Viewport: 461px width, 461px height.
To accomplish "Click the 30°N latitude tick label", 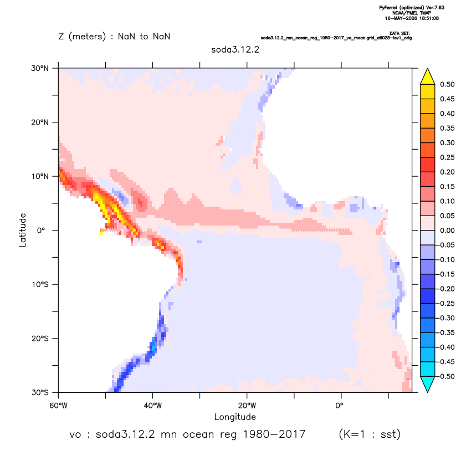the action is click(x=40, y=68).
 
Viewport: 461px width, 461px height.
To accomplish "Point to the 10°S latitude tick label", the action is click(x=40, y=285).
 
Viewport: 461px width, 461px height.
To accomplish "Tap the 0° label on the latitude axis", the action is click(x=41, y=230).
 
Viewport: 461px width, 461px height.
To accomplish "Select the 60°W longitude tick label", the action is click(x=59, y=406).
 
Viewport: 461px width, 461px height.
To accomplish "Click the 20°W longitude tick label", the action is click(x=247, y=406).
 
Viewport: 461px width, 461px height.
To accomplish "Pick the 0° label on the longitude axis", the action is click(x=340, y=406).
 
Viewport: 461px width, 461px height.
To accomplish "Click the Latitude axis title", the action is click(x=23, y=230).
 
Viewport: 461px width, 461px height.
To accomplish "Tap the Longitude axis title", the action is click(x=235, y=417).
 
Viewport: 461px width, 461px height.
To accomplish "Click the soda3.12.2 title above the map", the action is click(x=235, y=49).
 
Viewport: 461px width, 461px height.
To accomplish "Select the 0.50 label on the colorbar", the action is click(x=447, y=84).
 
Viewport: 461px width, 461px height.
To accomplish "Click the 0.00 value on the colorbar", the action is click(x=447, y=230).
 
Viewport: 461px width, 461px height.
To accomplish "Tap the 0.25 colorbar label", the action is click(x=447, y=157).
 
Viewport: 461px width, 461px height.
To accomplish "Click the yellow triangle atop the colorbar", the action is click(x=428, y=77).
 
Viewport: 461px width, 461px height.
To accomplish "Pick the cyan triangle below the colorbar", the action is click(x=428, y=383).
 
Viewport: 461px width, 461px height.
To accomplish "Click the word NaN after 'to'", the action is click(x=161, y=37).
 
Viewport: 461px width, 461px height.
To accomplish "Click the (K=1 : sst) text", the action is click(x=370, y=434).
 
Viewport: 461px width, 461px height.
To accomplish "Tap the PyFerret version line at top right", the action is click(x=412, y=8).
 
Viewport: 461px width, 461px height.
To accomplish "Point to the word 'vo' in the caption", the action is click(x=75, y=435).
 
